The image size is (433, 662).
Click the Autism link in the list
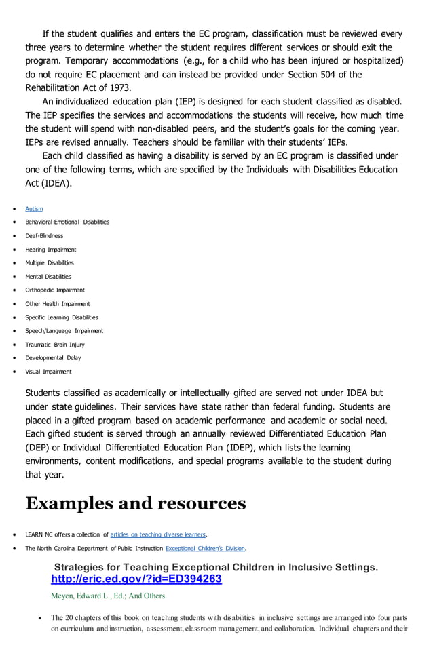(x=34, y=209)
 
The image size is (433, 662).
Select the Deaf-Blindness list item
(x=44, y=236)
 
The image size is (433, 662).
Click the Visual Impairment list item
(x=48, y=372)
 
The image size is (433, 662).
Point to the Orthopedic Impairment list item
(x=55, y=290)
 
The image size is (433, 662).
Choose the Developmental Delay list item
(x=53, y=358)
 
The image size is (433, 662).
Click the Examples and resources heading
(x=136, y=503)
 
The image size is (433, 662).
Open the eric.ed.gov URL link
(x=136, y=579)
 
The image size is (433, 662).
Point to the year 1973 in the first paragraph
(x=117, y=87)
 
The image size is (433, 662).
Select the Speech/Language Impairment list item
(x=64, y=331)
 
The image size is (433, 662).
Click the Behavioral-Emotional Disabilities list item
(x=67, y=222)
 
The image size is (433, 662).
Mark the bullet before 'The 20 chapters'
(x=42, y=618)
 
